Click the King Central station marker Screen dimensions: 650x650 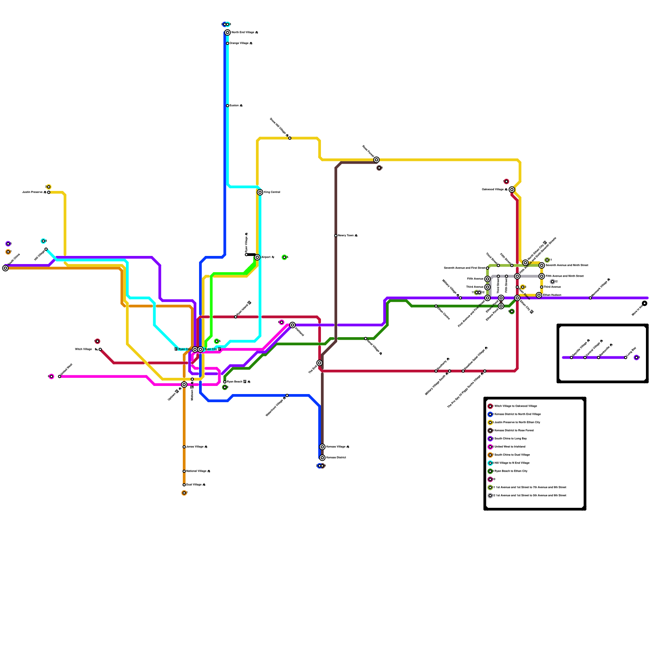coord(260,192)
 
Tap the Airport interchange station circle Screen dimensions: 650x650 coord(257,257)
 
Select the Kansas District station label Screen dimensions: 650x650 coord(336,458)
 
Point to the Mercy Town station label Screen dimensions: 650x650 coord(347,236)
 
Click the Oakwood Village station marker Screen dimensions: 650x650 coord(512,190)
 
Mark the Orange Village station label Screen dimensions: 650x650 coord(240,43)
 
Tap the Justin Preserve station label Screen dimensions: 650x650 coord(34,192)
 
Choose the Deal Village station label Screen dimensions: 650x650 coord(195,485)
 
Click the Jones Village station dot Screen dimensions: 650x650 coord(184,447)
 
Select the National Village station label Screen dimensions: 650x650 coord(197,471)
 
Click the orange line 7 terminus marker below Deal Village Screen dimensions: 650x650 coord(184,493)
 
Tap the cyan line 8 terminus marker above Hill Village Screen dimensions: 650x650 coord(43,241)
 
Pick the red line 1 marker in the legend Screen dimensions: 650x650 coord(490,406)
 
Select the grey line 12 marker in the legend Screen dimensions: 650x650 coord(490,496)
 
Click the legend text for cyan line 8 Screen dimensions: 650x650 coord(512,463)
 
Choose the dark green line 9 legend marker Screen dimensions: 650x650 coord(490,471)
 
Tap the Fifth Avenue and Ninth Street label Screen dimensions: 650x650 coord(564,276)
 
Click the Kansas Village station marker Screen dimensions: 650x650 coord(322,447)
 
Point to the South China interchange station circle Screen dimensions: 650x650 coord(5,268)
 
